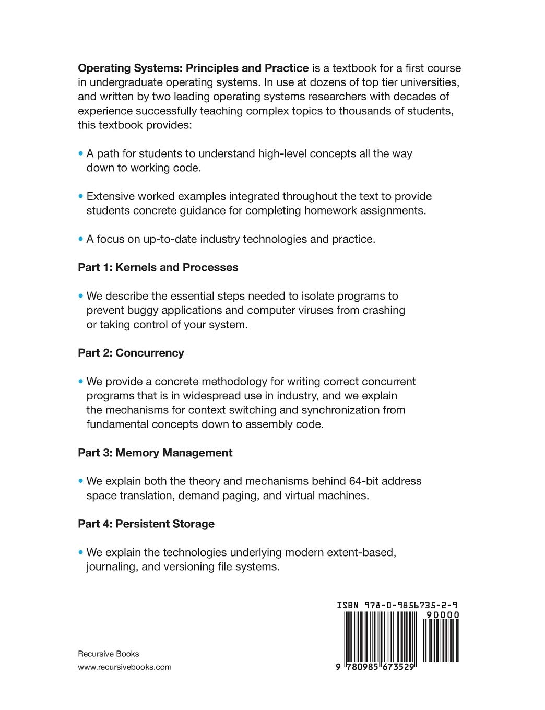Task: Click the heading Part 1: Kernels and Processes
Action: [x=158, y=267]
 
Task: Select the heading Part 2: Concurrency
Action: [x=131, y=353]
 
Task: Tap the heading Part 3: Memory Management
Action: [x=155, y=453]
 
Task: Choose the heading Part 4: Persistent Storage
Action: [x=146, y=524]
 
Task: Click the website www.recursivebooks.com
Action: [x=124, y=667]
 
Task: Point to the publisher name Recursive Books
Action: [x=108, y=654]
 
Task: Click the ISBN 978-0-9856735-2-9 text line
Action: [x=397, y=606]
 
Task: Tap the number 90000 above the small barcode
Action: [x=443, y=615]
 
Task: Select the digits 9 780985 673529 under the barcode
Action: [x=376, y=667]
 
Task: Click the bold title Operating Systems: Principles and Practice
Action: [x=193, y=68]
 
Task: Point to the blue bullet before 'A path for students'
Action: [x=81, y=153]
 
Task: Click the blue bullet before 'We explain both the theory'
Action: [x=81, y=481]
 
